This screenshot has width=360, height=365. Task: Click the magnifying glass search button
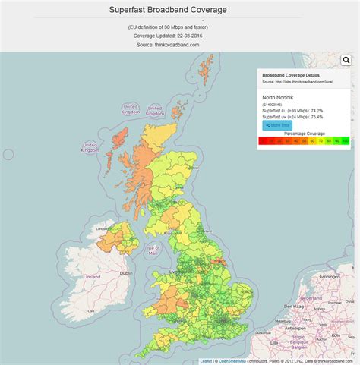click(346, 60)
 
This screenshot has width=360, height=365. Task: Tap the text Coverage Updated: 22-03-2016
click(167, 36)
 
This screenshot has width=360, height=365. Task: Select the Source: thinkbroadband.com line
click(167, 45)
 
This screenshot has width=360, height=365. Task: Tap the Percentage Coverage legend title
click(304, 134)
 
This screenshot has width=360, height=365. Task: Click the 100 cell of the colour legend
click(344, 140)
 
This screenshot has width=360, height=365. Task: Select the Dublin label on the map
click(125, 273)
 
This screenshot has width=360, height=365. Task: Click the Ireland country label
click(92, 278)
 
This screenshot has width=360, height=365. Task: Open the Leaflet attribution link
click(205, 361)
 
